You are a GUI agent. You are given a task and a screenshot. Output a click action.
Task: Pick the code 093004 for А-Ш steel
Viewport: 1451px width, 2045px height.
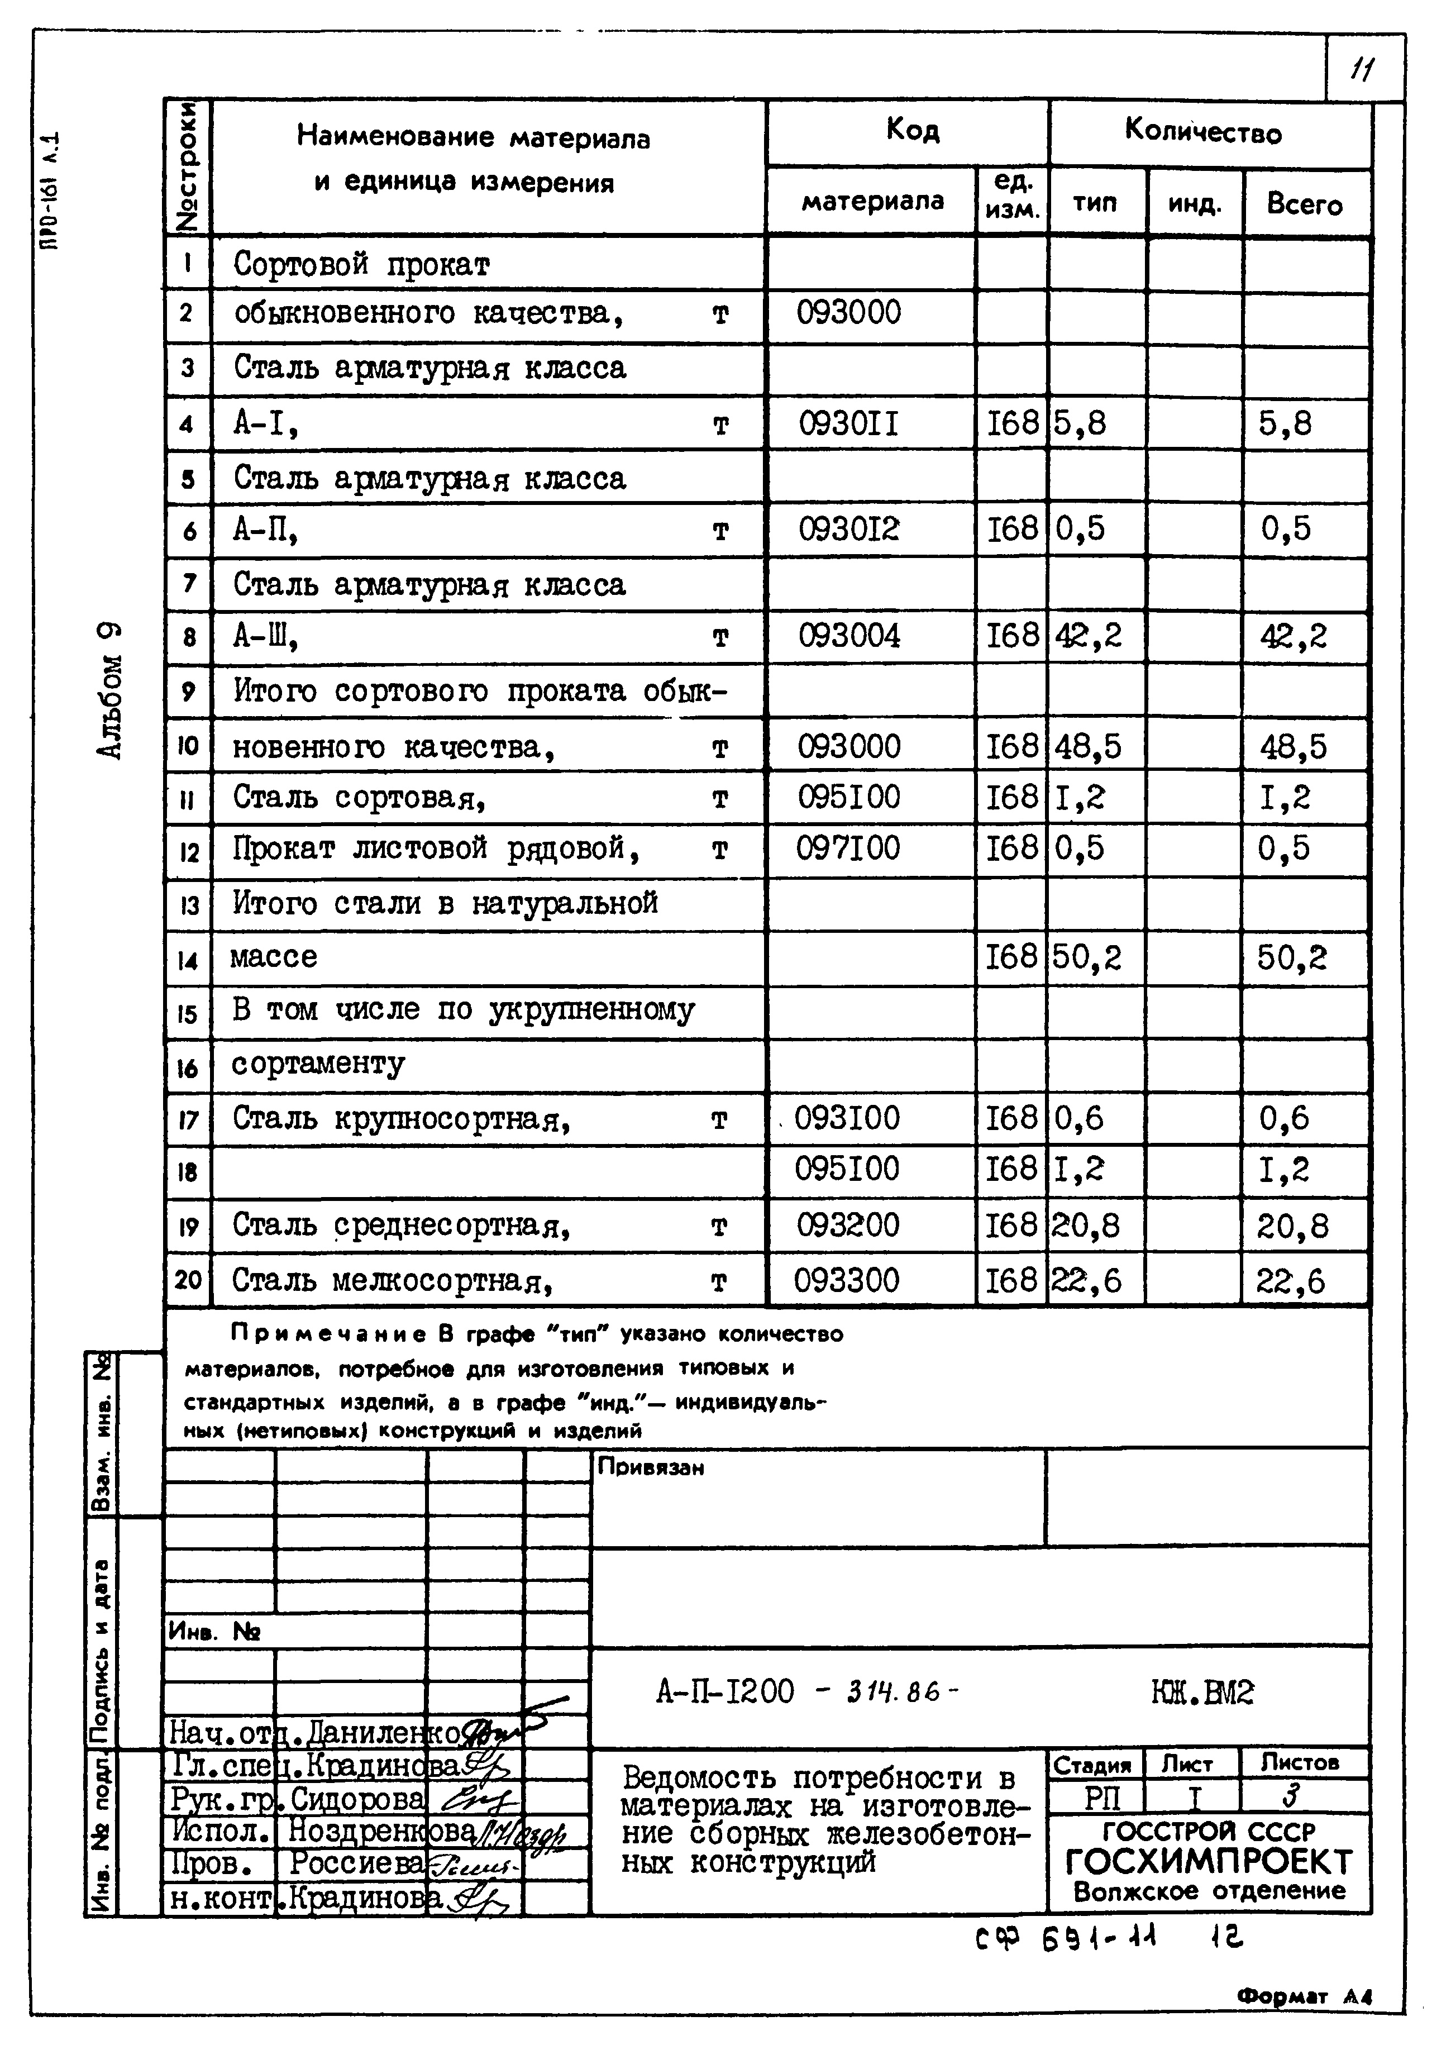pyautogui.click(x=849, y=636)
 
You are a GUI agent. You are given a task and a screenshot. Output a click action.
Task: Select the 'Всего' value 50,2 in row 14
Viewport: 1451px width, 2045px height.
pyautogui.click(x=1291, y=958)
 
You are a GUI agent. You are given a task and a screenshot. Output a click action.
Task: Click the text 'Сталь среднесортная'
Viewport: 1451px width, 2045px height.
pyautogui.click(x=401, y=1226)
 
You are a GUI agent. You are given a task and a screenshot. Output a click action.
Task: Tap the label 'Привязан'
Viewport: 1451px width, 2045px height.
pyautogui.click(x=651, y=1468)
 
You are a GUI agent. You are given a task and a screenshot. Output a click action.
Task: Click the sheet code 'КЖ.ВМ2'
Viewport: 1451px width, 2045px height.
pyautogui.click(x=1202, y=1692)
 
